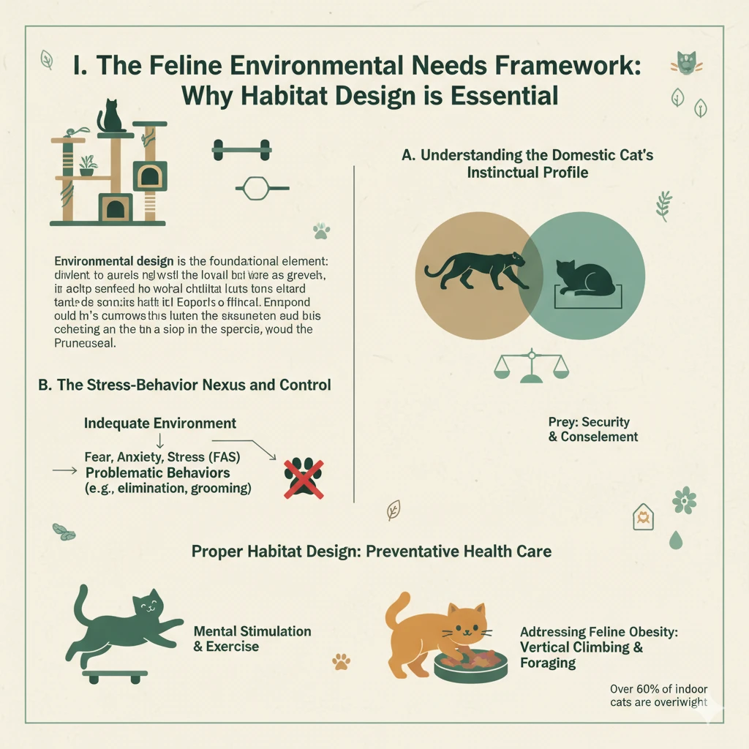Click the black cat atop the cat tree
coord(111,117)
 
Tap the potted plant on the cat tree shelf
coord(88,165)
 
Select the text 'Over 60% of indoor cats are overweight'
coord(658,696)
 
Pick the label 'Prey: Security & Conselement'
coord(592,430)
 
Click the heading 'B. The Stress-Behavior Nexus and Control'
coord(184,385)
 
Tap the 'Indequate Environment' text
coord(160,424)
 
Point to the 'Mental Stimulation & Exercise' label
coord(252,639)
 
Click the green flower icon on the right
coord(684,500)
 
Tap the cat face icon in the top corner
coord(686,64)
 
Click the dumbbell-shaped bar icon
coord(241,151)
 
